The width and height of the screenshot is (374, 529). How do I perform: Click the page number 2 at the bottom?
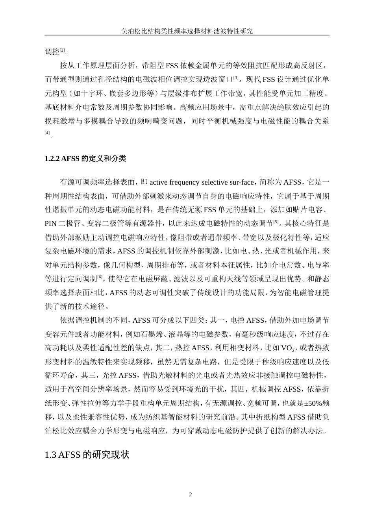[x=191, y=494]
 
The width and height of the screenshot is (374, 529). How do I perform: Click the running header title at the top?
[x=187, y=31]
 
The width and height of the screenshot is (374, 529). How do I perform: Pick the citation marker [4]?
[x=47, y=133]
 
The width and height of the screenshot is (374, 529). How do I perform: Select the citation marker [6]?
[x=100, y=277]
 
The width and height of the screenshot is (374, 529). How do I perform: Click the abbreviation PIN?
[x=51, y=224]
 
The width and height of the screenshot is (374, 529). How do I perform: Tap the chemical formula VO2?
[x=289, y=348]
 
